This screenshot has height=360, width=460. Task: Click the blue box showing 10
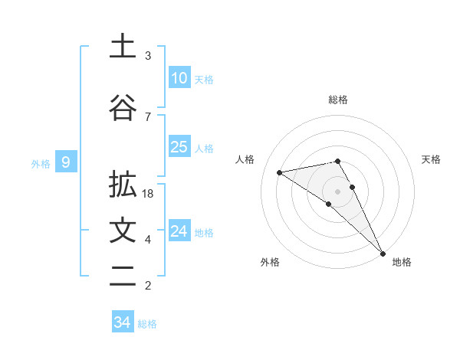(179, 78)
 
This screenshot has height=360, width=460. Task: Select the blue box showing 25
(179, 147)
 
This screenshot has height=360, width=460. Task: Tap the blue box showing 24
(179, 231)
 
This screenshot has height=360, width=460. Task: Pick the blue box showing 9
(67, 162)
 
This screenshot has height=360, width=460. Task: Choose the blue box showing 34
(122, 322)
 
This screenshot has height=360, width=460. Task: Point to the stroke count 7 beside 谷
(148, 116)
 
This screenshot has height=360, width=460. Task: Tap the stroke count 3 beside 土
(148, 56)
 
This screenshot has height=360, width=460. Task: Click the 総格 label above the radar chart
(337, 100)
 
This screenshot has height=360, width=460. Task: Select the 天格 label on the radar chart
(431, 159)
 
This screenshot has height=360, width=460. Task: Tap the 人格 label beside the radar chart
(245, 159)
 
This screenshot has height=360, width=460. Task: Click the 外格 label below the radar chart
(270, 263)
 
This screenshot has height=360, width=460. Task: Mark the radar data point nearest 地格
(383, 252)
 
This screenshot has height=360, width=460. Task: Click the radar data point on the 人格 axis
(279, 172)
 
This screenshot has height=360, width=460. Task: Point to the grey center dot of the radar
(337, 191)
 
